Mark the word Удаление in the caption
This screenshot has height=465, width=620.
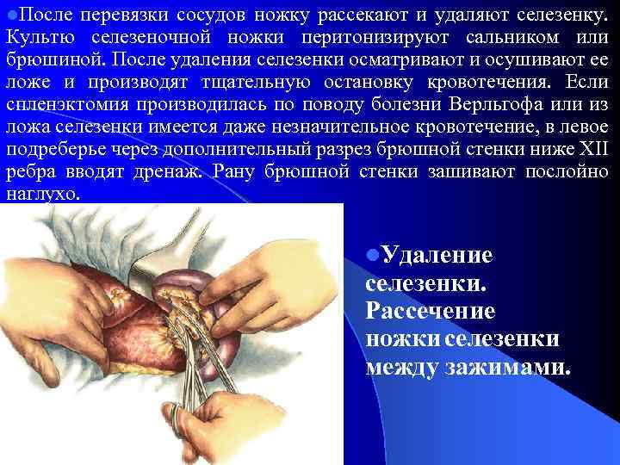(437, 255)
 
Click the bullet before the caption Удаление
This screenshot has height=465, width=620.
(371, 256)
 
